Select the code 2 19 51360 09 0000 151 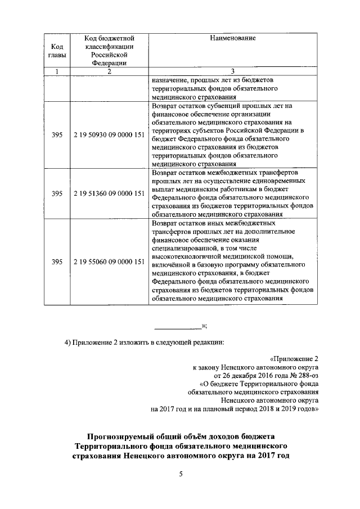[x=109, y=194]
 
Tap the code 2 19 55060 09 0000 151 [x=109, y=262]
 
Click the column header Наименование [x=233, y=38]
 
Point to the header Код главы [x=57, y=51]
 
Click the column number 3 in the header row [x=233, y=71]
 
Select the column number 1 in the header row [x=57, y=71]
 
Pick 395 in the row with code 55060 [x=57, y=262]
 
